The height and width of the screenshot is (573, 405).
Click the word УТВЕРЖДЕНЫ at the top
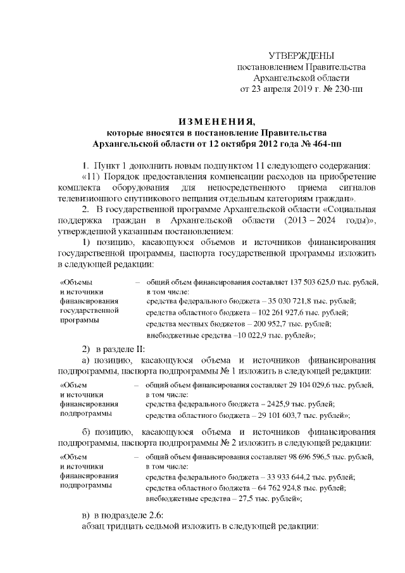tap(301, 56)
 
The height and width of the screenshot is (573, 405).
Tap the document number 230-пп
tap(347, 88)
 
